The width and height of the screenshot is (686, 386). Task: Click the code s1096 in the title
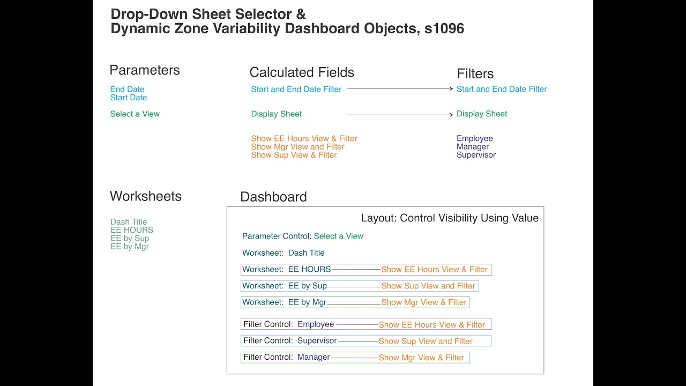tap(444, 29)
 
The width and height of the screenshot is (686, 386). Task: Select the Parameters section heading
tap(144, 70)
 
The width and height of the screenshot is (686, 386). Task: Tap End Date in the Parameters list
tap(127, 90)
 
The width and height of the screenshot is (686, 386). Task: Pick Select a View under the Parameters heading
tap(135, 114)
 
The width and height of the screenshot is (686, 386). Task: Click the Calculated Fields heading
tap(302, 72)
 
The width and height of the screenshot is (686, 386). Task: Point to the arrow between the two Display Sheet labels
tap(400, 115)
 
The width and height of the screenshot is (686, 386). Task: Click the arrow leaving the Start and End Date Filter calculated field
tap(400, 89)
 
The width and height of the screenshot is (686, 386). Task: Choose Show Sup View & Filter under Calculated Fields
tap(294, 155)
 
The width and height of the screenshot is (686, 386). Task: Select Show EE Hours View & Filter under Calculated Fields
tap(304, 138)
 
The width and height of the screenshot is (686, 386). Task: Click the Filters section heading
tap(475, 74)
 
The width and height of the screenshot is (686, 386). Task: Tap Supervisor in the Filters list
tap(476, 155)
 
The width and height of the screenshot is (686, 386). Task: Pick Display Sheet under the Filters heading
tap(481, 114)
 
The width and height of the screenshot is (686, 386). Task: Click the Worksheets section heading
tap(145, 196)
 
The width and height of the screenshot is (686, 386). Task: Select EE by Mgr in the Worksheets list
tap(129, 247)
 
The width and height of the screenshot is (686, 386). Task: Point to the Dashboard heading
tap(273, 197)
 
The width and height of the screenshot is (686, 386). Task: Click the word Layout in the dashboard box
tap(378, 218)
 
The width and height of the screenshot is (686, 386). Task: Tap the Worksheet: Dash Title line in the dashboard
tap(283, 253)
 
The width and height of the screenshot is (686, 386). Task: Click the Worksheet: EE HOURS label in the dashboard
tap(286, 270)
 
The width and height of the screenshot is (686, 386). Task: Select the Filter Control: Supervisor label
tap(290, 341)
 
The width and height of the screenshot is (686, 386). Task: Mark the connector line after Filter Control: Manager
tap(354, 358)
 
